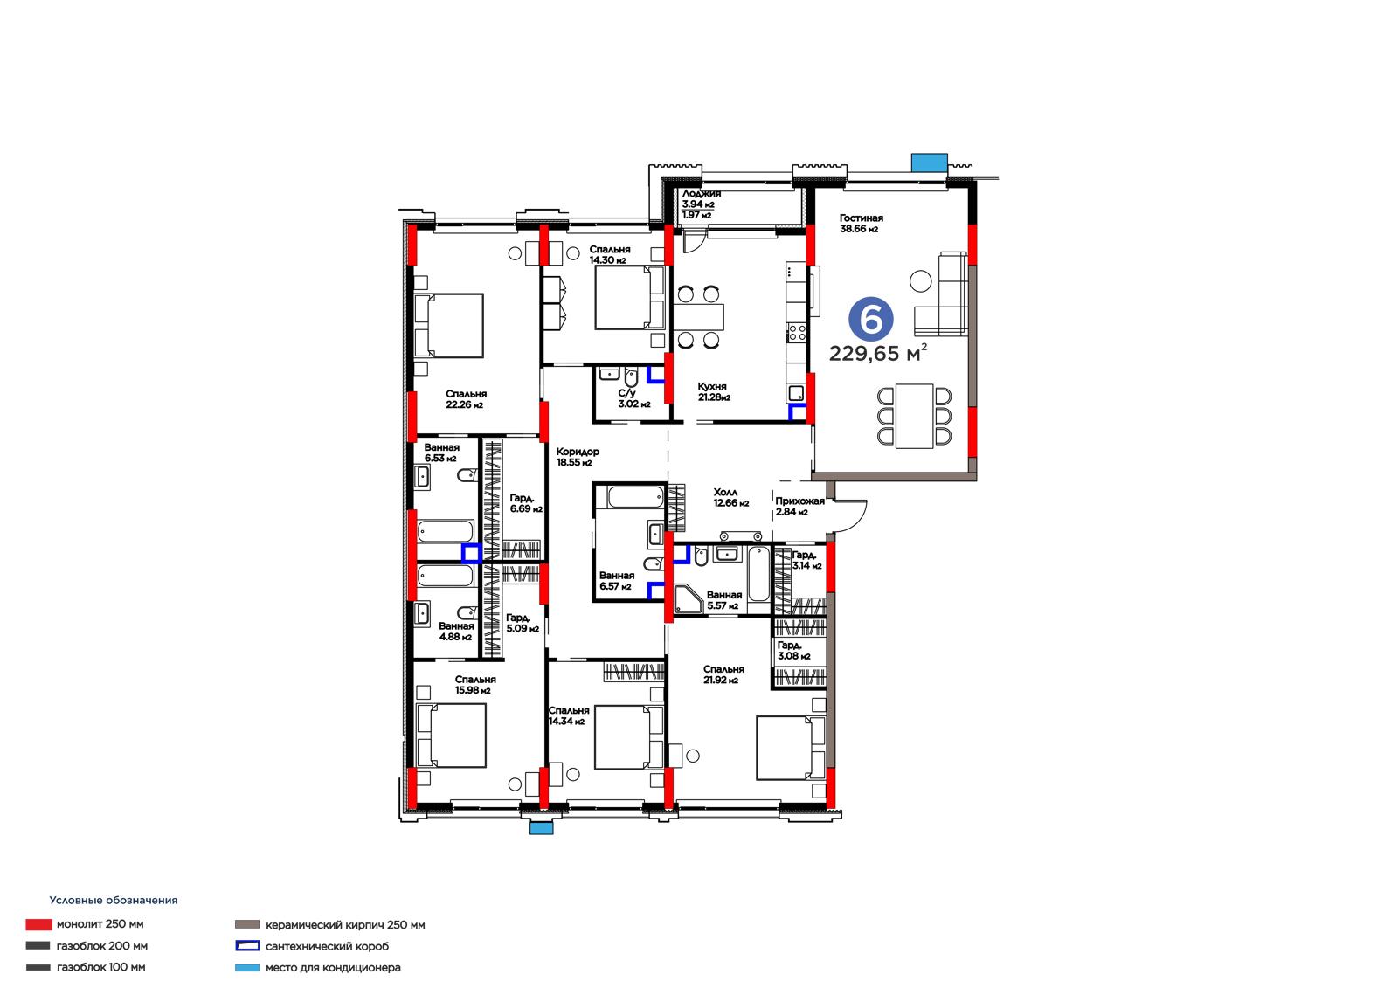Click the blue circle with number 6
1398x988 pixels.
[x=870, y=320]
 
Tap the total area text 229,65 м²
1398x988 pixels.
[x=877, y=353]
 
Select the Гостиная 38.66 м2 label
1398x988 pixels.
[x=861, y=224]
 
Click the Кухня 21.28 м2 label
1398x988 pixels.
[x=713, y=392]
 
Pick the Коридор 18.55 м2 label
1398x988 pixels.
[x=578, y=457]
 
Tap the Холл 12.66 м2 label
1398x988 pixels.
[x=730, y=497]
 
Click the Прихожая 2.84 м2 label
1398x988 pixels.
[x=799, y=506]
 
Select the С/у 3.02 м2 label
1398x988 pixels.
[x=633, y=398]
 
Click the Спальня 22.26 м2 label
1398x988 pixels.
[x=466, y=399]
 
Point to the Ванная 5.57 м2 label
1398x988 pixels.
[x=724, y=600]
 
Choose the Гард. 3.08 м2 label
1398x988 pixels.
[x=793, y=650]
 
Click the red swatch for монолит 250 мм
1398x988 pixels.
[x=38, y=924]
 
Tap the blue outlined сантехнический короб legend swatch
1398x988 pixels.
[x=247, y=945]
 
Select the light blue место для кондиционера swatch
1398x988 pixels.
[x=247, y=967]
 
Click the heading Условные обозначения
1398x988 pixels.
[x=114, y=900]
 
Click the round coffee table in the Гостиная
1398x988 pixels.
[x=921, y=281]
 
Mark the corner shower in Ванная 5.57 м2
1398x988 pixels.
[x=688, y=598]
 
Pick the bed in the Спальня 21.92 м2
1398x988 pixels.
[x=790, y=747]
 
